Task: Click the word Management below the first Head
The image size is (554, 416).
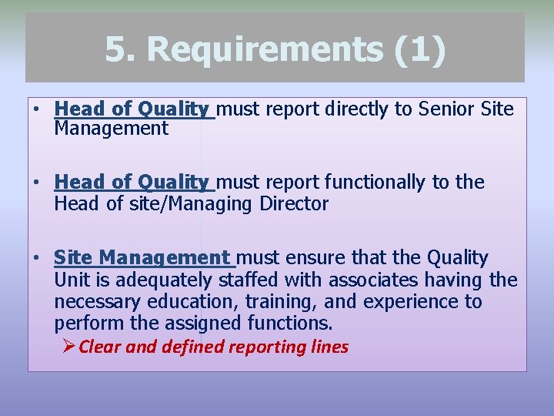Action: coord(111,129)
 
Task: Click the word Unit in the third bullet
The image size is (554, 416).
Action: coord(70,279)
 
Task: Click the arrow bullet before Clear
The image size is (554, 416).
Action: coord(68,347)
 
